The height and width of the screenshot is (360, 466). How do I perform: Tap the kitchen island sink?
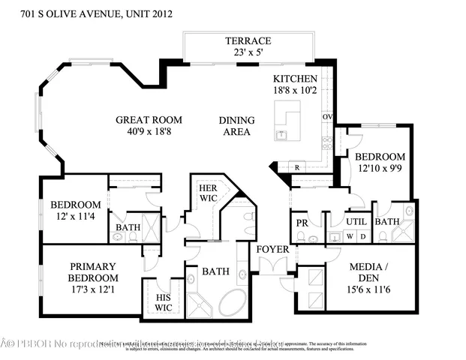[x=282, y=134]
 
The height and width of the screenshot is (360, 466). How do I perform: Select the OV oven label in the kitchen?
[x=327, y=117]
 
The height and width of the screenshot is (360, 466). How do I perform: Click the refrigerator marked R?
[x=297, y=167]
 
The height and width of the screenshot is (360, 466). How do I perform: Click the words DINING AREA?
[x=236, y=126]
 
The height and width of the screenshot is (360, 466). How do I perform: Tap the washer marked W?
[x=348, y=236]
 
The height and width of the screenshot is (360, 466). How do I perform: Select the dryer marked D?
[x=363, y=236]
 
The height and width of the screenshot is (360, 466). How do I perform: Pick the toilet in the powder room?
[x=301, y=237]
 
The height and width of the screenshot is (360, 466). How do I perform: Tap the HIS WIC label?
[x=163, y=301]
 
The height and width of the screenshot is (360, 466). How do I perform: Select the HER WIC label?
[x=207, y=193]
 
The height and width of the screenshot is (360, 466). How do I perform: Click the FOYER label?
[x=269, y=249]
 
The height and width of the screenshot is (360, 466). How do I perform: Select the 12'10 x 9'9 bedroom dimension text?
[x=380, y=169]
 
